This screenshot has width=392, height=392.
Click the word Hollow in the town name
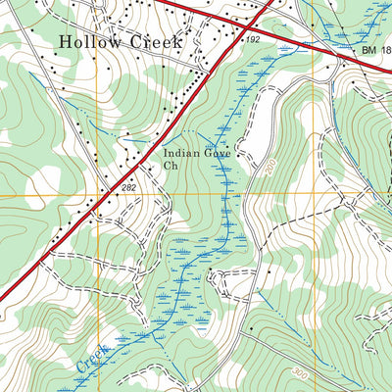pyautogui.click(x=88, y=42)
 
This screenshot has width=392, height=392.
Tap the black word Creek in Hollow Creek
pyautogui.click(x=153, y=42)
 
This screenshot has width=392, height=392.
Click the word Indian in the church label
pyautogui.click(x=183, y=153)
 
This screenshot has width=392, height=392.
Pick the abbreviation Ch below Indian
pyautogui.click(x=171, y=167)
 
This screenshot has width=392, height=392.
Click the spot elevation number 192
pyautogui.click(x=253, y=39)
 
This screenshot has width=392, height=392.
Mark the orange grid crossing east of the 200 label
pyautogui.click(x=315, y=196)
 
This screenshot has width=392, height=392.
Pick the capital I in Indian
pyautogui.click(x=166, y=153)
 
